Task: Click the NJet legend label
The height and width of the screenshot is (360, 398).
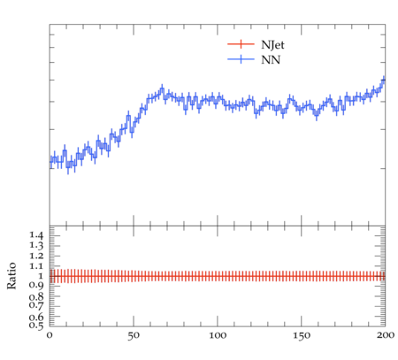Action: point(272,45)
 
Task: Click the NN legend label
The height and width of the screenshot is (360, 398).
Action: point(271,60)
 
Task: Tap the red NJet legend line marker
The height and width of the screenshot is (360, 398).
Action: point(241,44)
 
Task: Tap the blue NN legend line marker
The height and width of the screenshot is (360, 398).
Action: point(241,59)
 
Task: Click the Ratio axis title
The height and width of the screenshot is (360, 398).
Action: point(11,275)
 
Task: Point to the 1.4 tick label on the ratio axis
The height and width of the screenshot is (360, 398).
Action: point(36,235)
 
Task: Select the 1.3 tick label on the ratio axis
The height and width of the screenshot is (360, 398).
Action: point(36,245)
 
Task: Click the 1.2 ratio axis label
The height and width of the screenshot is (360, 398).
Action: point(36,256)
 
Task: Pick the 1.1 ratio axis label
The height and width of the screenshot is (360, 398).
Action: point(36,266)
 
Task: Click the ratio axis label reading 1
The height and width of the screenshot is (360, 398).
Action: point(41,276)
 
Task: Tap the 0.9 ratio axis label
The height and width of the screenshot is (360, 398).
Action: point(36,286)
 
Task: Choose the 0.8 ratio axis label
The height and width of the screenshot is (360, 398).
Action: point(36,296)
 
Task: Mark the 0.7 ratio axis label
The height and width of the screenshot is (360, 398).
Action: point(36,305)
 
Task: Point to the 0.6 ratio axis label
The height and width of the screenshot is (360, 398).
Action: point(36,317)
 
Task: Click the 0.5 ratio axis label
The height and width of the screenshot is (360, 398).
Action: point(36,325)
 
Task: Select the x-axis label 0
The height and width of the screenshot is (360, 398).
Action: point(50,335)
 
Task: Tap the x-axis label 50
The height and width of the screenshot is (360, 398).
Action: point(134,335)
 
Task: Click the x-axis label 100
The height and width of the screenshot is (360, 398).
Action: point(218,335)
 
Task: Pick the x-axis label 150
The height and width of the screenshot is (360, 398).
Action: point(302,335)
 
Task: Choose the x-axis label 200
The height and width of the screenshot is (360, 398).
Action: point(386,335)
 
